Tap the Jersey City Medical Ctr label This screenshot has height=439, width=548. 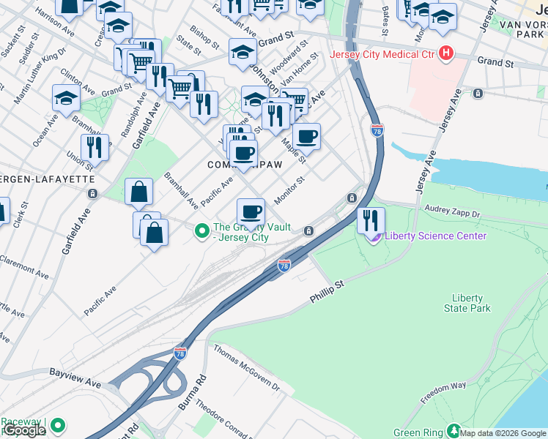[x=382, y=54]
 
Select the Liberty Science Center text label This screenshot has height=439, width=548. [x=435, y=236]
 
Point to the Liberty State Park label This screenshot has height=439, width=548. [x=467, y=303]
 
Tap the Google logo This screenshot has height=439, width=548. [x=24, y=430]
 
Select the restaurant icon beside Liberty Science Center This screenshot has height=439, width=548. [x=371, y=219]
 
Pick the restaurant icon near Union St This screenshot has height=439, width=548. [x=95, y=147]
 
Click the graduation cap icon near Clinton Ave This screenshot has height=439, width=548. [x=66, y=99]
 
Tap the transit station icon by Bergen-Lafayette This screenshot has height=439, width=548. [x=92, y=194]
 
